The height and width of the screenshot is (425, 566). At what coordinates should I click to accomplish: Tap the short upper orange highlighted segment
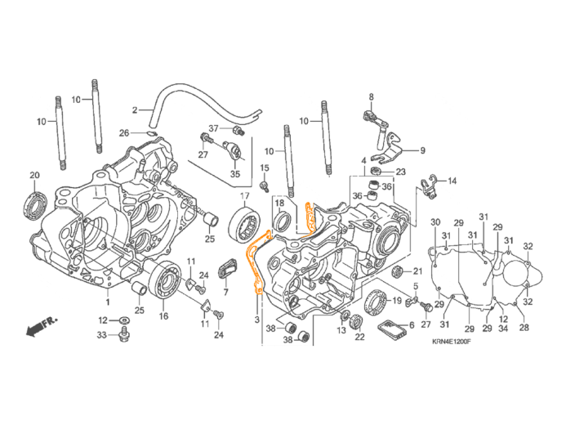click(309, 217)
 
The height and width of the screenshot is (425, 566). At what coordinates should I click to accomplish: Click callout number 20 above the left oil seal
click(34, 176)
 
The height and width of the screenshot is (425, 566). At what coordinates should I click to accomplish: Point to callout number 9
click(422, 150)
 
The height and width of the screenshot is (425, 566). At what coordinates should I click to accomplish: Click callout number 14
click(452, 181)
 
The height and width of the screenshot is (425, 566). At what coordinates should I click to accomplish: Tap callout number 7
click(225, 290)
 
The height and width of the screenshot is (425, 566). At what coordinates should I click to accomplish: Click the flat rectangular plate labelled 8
click(394, 329)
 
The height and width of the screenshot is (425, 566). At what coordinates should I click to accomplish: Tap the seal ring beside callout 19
click(376, 302)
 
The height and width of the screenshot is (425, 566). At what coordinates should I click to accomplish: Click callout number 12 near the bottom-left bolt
click(104, 320)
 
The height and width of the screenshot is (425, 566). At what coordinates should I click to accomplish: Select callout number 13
click(341, 329)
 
